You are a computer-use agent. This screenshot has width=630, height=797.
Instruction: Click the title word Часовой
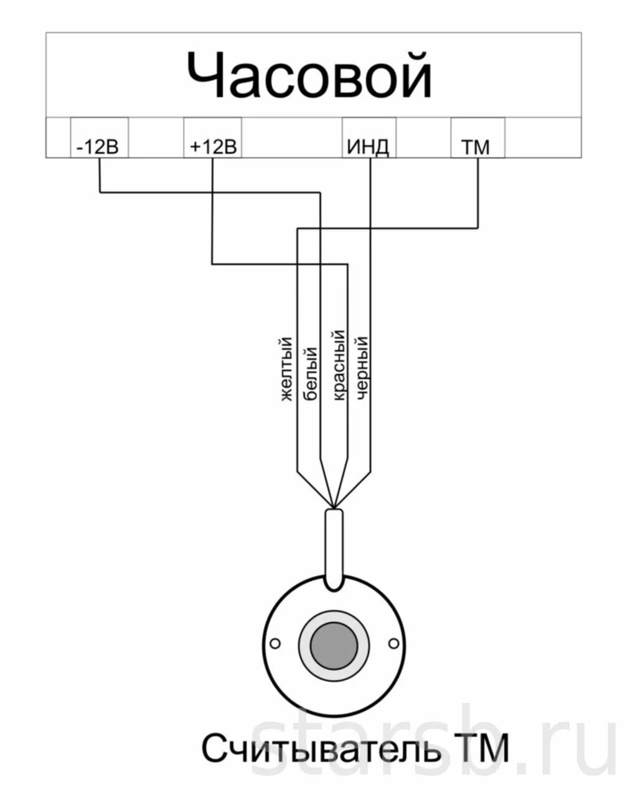309,75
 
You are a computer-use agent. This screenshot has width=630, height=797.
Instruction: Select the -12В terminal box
99,138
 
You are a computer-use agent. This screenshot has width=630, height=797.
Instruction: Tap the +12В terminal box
212,138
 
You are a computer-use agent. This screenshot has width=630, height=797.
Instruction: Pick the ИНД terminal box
369,138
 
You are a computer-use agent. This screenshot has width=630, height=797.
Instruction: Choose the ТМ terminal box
477,138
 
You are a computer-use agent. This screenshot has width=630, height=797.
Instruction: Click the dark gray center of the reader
334,644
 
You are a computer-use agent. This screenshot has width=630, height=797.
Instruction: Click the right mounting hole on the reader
393,643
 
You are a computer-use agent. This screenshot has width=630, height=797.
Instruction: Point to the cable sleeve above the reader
334,548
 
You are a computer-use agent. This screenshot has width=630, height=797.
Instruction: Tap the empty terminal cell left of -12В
58,138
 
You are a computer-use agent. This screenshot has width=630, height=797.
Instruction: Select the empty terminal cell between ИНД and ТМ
423,138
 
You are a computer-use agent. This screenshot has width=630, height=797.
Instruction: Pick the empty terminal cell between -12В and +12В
156,138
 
